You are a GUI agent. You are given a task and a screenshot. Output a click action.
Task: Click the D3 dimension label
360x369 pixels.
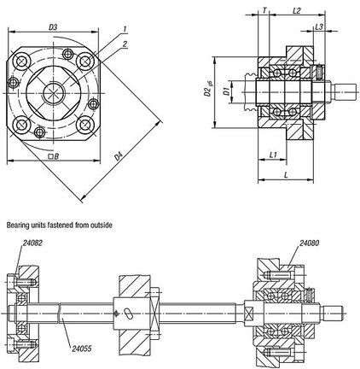tap(53, 27)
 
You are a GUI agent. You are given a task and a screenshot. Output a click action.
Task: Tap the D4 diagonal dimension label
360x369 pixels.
tap(119, 156)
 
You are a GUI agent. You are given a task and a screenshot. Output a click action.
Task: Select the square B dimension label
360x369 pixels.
tap(54, 156)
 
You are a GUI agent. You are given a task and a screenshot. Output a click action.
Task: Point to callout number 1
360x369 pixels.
tap(125, 29)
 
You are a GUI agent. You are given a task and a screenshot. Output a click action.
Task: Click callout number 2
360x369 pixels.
tap(125, 44)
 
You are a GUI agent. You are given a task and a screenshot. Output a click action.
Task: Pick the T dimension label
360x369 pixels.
tap(264, 11)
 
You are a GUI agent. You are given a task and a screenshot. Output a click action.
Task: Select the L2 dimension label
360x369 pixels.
tap(297, 11)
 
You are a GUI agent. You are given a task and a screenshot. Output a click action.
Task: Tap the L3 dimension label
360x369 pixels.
tap(319, 26)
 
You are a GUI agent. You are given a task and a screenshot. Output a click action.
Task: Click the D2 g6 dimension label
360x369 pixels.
tap(209, 89)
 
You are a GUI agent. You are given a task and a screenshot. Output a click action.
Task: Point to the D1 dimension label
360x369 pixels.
tap(226, 91)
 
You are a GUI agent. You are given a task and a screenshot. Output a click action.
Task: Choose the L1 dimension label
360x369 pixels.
tap(273, 155)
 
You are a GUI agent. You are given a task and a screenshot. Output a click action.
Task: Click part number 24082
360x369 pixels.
tap(32, 243)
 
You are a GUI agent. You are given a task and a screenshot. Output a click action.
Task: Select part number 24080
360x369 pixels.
tap(309, 243)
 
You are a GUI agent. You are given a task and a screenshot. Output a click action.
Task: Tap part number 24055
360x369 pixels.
tap(82, 348)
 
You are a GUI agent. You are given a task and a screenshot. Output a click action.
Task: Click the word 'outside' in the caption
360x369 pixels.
tap(101, 225)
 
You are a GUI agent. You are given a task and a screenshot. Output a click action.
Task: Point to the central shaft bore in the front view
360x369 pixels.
tap(54, 93)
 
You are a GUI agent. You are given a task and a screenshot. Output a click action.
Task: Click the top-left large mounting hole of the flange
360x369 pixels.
tap(22, 61)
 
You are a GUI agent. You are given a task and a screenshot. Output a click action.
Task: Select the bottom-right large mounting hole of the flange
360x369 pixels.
tap(84, 125)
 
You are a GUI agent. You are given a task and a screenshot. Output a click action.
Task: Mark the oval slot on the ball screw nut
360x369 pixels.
tap(128, 313)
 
